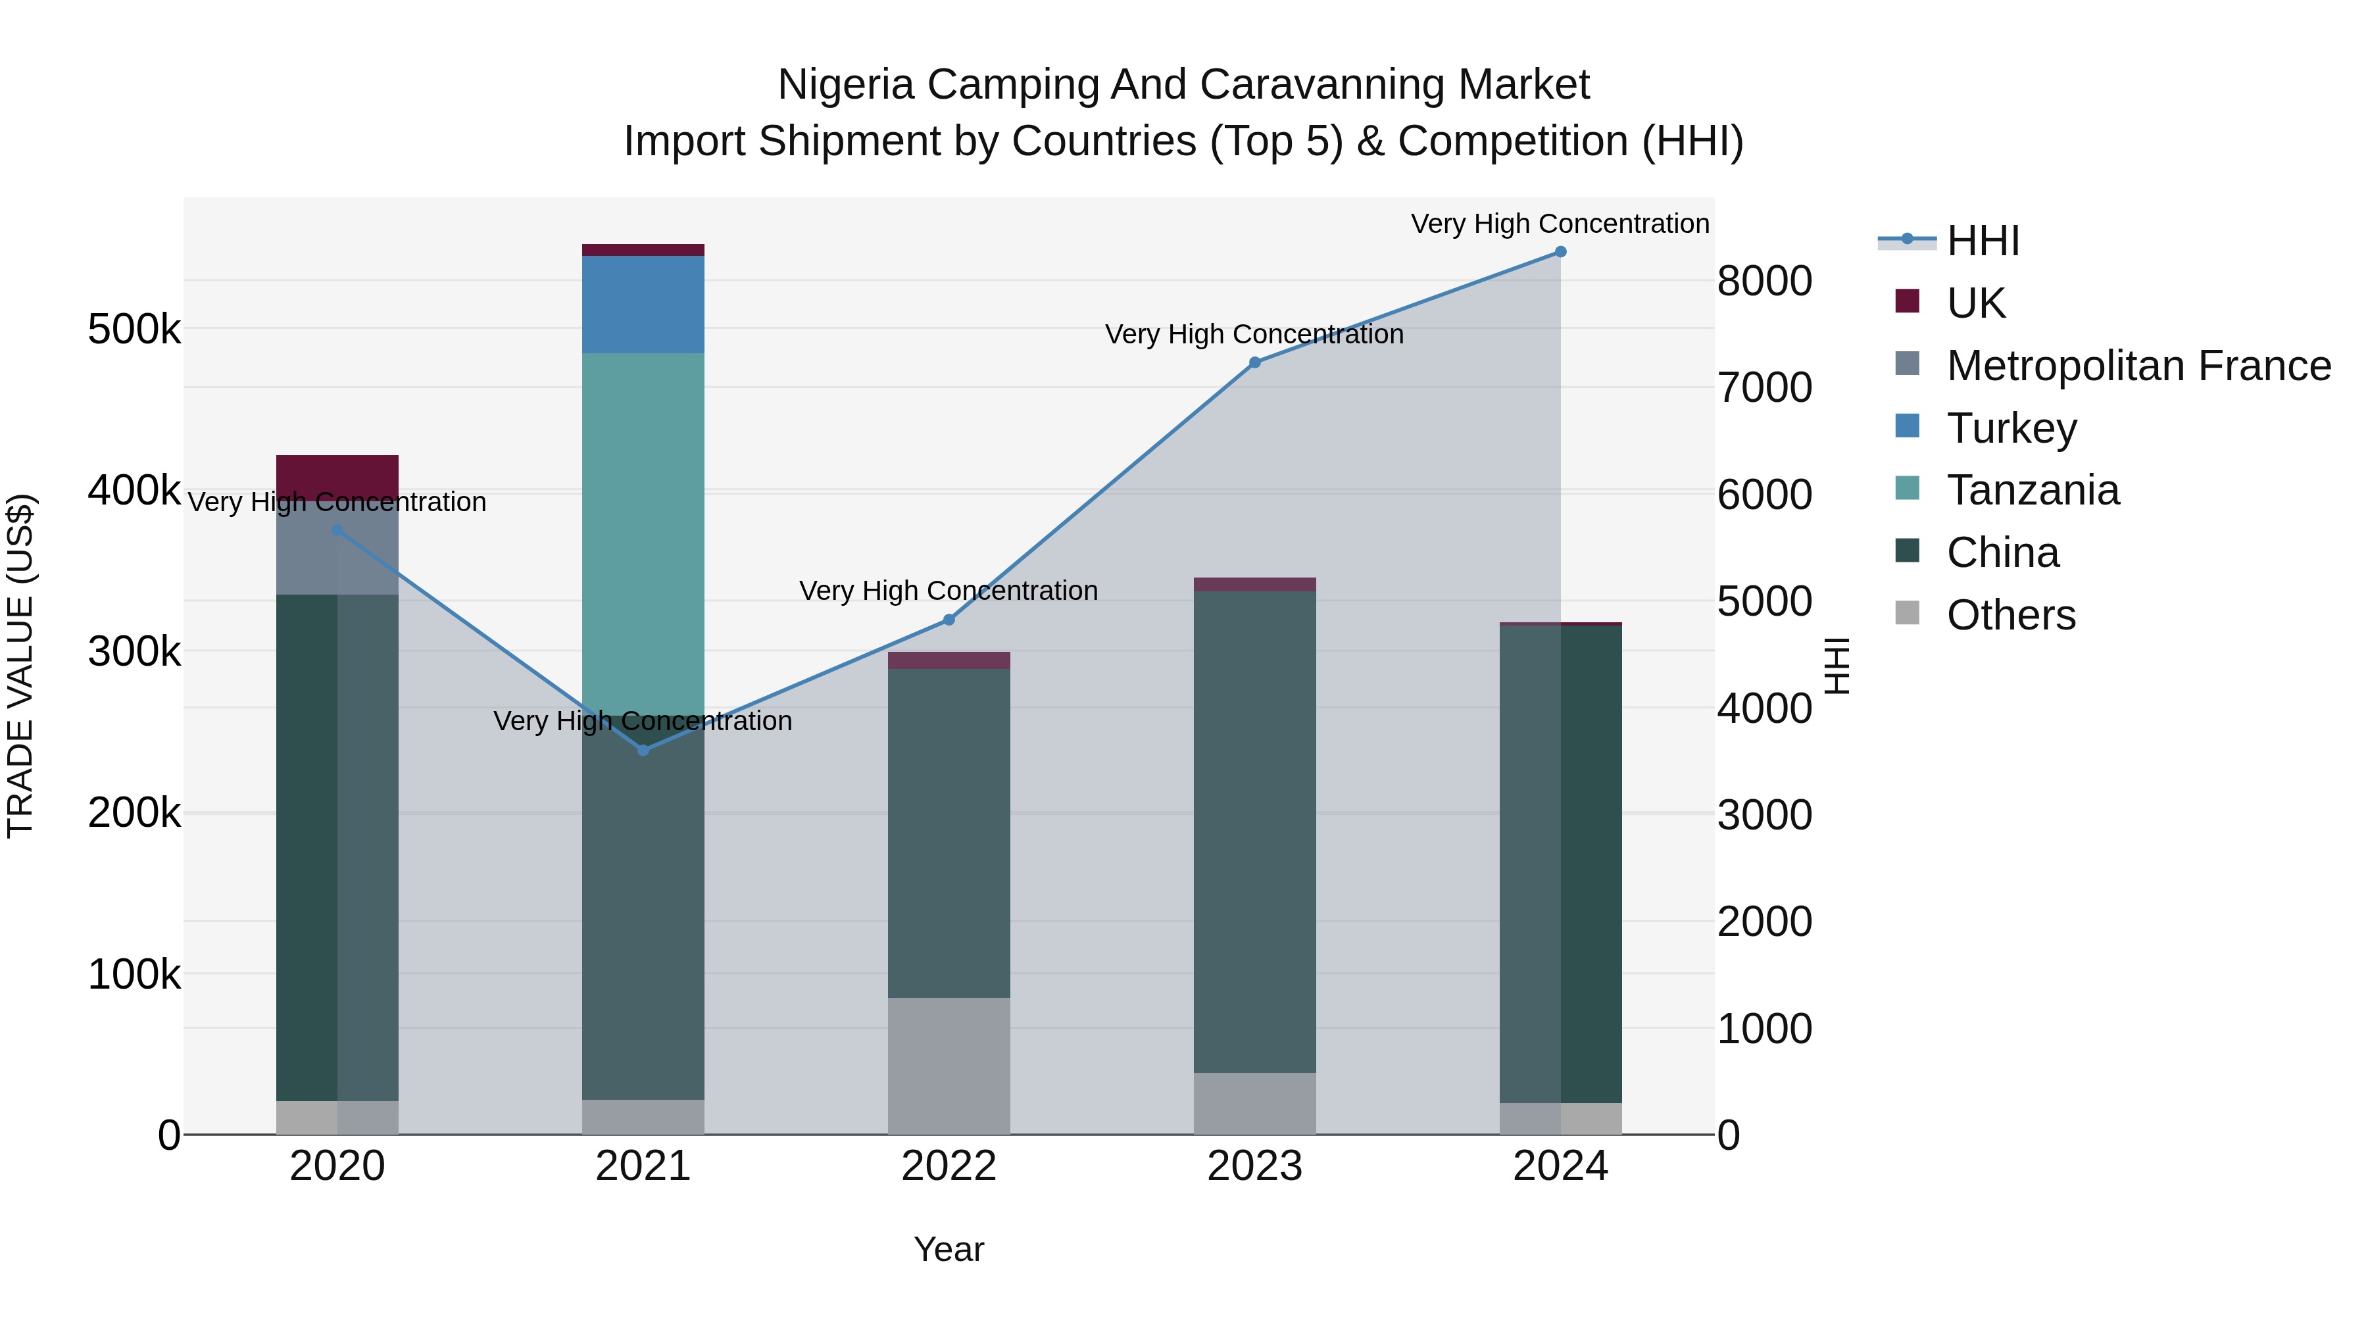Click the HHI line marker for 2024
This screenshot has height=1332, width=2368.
pyautogui.click(x=1560, y=252)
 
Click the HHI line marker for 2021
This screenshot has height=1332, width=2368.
pyautogui.click(x=643, y=750)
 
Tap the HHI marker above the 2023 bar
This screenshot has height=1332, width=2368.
pyautogui.click(x=1255, y=362)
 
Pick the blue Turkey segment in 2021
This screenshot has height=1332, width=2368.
pyautogui.click(x=643, y=305)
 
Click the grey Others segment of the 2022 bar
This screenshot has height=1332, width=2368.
pyautogui.click(x=949, y=1066)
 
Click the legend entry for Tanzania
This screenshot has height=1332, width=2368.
pyautogui.click(x=2033, y=490)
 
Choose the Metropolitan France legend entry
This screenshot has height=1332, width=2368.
pyautogui.click(x=2138, y=366)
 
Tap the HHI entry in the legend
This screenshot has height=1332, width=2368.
pyautogui.click(x=1983, y=241)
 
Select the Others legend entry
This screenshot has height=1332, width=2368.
pyautogui.click(x=2010, y=615)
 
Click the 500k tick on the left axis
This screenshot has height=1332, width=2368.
pyautogui.click(x=134, y=329)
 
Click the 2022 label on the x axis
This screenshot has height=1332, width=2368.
pyautogui.click(x=949, y=1166)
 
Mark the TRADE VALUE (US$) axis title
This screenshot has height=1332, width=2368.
pyautogui.click(x=20, y=666)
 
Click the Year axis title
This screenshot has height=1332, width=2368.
pyautogui.click(x=949, y=1249)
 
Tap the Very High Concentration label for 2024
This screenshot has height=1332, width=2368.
pyautogui.click(x=1560, y=224)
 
